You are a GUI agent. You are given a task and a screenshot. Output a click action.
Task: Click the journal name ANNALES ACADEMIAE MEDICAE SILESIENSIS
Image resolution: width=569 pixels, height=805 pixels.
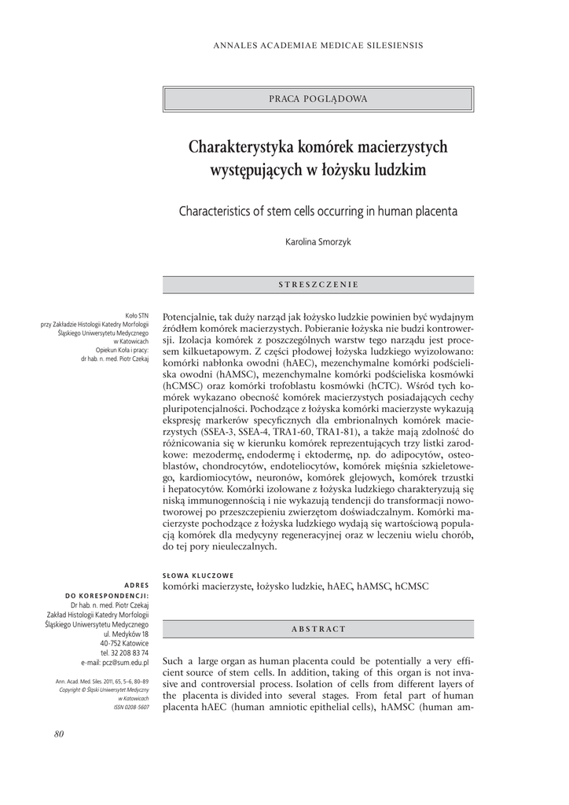[318, 46]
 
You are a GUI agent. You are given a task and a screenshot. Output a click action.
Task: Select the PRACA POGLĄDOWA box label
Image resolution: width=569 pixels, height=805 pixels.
[318, 99]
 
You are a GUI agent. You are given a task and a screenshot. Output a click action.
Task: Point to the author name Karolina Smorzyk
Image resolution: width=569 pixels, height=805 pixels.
[318, 242]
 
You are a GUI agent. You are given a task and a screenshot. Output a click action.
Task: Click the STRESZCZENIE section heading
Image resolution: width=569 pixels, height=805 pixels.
[318, 284]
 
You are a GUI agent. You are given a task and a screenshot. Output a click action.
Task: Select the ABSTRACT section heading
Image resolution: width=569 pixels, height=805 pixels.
[318, 629]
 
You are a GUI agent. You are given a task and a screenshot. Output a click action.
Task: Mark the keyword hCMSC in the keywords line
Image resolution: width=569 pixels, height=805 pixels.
[412, 586]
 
